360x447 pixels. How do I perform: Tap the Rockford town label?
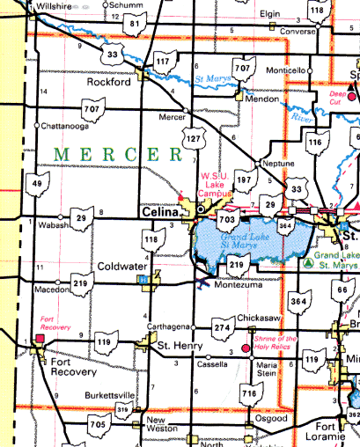coord(109,82)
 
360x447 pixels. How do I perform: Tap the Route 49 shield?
coord(36,184)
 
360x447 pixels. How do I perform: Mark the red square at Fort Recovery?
coord(39,337)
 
